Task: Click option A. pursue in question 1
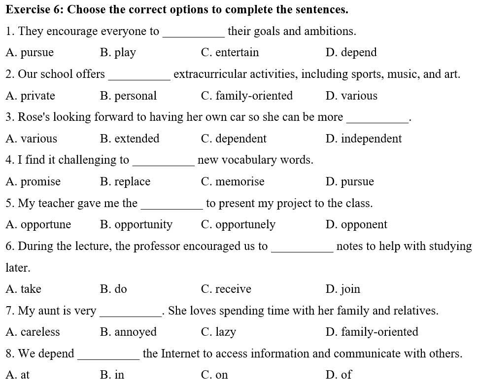point(30,53)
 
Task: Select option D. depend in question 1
point(351,53)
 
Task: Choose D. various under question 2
point(351,96)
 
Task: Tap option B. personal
point(128,96)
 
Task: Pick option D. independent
point(364,139)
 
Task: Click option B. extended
point(130,139)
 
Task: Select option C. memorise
point(233,181)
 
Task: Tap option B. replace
point(125,181)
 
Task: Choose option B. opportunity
point(136,225)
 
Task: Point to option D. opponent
point(356,225)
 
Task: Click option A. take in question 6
point(24,289)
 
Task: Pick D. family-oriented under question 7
point(372,332)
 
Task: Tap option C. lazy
point(218,332)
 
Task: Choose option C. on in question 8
point(214,375)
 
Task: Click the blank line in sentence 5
point(171,208)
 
